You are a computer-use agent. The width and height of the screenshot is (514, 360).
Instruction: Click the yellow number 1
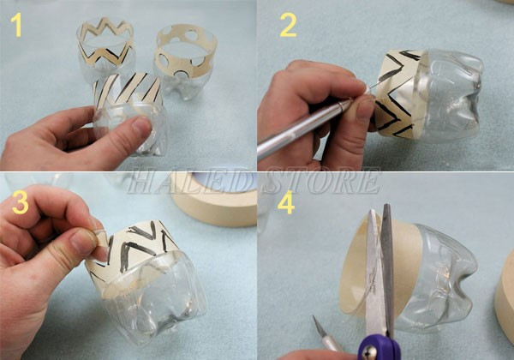click(x=16, y=25)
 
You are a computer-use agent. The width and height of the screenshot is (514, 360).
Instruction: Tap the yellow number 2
click(x=289, y=25)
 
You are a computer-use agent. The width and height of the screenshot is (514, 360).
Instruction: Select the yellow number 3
click(x=21, y=202)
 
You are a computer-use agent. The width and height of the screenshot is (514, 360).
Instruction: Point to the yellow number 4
click(x=286, y=202)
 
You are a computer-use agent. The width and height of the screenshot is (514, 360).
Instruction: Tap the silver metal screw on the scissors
click(x=371, y=351)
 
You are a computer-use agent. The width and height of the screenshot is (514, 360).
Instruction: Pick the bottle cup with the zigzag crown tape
click(x=105, y=46)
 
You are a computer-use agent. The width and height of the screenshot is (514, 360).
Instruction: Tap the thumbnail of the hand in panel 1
click(x=141, y=127)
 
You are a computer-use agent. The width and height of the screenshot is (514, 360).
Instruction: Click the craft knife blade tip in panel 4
click(x=314, y=317)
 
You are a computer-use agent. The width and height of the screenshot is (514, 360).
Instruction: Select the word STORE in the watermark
click(x=321, y=181)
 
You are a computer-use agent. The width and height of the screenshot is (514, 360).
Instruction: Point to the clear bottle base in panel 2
click(x=449, y=95)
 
